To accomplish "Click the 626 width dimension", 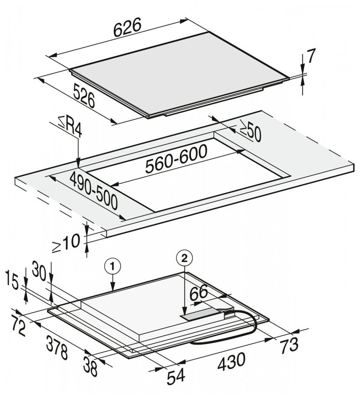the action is tap(128, 28).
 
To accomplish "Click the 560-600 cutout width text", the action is tap(176, 159).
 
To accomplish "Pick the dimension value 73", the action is tap(289, 345).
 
